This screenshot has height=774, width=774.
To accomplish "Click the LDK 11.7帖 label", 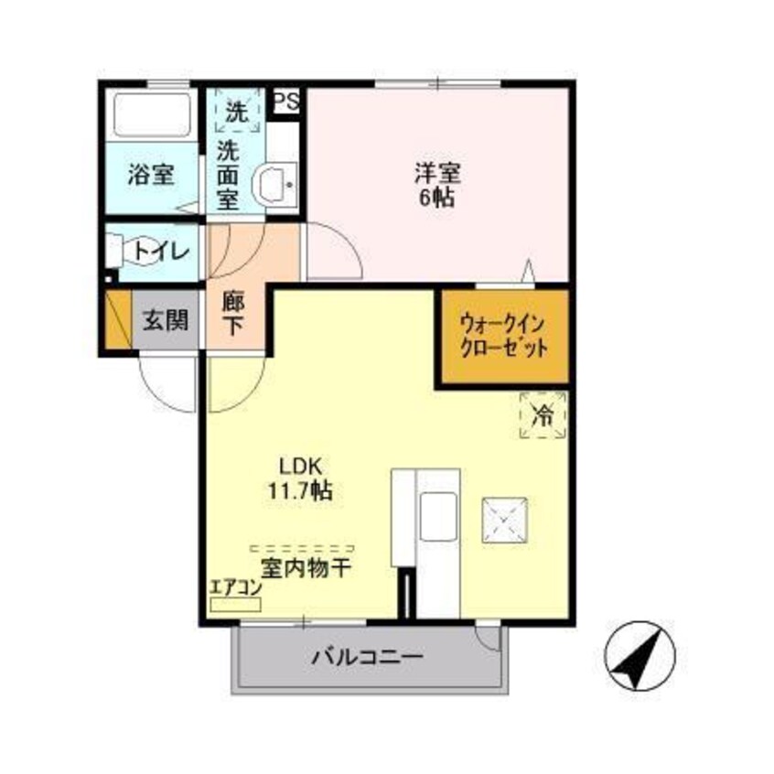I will [x=296, y=478].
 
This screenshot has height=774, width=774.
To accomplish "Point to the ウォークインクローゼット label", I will [x=504, y=336].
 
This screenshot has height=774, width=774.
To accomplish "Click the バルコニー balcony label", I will [x=366, y=657].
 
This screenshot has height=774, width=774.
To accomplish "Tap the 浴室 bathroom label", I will [x=151, y=174].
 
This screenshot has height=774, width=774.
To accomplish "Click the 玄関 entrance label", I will [x=166, y=319].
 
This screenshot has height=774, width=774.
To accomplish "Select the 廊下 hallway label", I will [x=233, y=312].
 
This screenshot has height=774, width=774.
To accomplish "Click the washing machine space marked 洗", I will [x=236, y=113].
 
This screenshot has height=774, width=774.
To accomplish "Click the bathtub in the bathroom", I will [x=151, y=115].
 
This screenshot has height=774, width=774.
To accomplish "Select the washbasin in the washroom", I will [x=274, y=184].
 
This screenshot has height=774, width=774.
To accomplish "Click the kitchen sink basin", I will [x=437, y=516].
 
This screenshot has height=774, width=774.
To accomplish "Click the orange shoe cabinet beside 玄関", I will [x=118, y=319].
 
